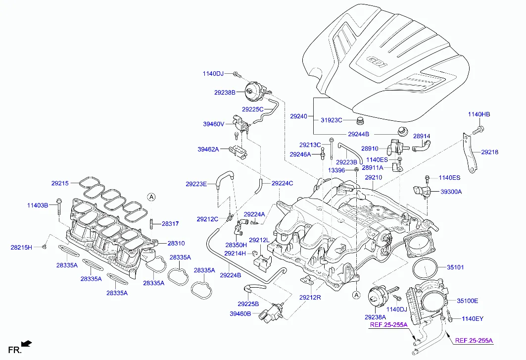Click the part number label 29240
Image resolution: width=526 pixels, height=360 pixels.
[x=299, y=116]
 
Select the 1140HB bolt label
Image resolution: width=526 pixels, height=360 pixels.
[x=478, y=115]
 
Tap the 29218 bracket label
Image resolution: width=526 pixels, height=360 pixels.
[x=489, y=153]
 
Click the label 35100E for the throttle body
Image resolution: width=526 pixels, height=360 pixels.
[x=467, y=300]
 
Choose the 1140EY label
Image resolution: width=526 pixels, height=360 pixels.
[x=472, y=319]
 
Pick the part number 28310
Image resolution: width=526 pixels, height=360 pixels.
[x=176, y=243]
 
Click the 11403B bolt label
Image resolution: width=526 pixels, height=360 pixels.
[x=38, y=205]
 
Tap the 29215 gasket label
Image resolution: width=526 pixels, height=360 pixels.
[x=60, y=183]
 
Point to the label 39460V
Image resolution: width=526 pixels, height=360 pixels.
[x=214, y=124]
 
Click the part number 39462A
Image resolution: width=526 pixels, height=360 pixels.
[x=208, y=149]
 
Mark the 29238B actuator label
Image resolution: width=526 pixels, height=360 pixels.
[x=225, y=92]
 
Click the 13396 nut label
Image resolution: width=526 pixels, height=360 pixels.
[x=336, y=170]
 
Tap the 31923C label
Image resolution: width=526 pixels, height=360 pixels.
[x=331, y=120]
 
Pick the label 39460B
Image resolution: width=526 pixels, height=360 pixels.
[x=240, y=313]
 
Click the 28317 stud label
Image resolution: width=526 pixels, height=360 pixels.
[x=170, y=224]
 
